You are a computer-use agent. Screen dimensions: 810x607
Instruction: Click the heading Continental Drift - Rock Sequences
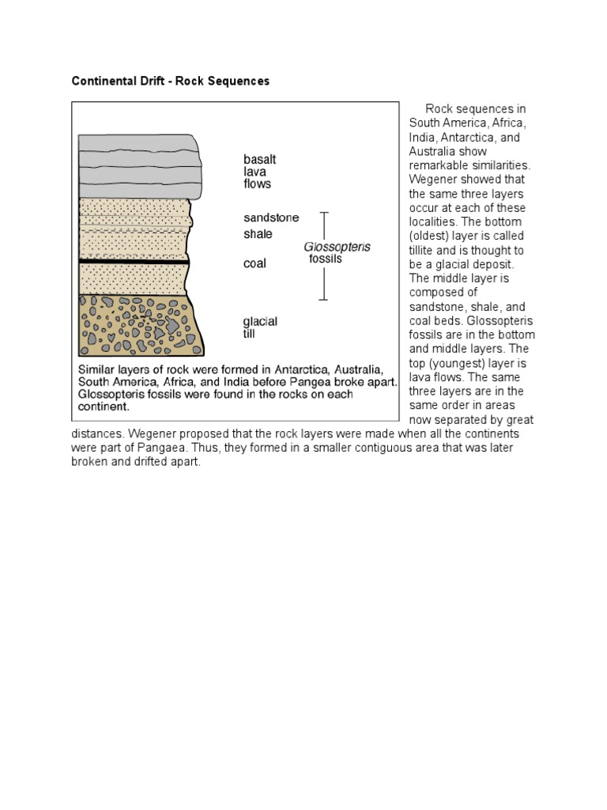coord(171,81)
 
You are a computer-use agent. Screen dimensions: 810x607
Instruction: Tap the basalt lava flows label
coord(259,172)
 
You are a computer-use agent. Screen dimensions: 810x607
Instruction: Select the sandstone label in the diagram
coord(271,218)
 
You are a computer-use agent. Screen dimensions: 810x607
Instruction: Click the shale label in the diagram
coord(258,234)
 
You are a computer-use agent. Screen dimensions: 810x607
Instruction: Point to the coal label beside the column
coord(254,263)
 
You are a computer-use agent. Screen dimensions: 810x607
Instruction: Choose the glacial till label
coord(260,327)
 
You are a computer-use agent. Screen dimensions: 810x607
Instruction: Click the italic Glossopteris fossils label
coord(337,252)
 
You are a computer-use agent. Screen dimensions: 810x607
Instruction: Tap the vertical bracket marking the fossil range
coord(322,255)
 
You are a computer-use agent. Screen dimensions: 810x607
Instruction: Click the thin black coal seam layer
coord(134,261)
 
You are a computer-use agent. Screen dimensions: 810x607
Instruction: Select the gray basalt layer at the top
coord(138,166)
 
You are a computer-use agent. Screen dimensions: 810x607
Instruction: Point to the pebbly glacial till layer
coord(139,325)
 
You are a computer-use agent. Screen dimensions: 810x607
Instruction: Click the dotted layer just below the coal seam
coord(134,278)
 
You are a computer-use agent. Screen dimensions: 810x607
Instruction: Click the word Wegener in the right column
coord(432,180)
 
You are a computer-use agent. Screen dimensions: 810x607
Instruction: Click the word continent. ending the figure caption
coord(102,407)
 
